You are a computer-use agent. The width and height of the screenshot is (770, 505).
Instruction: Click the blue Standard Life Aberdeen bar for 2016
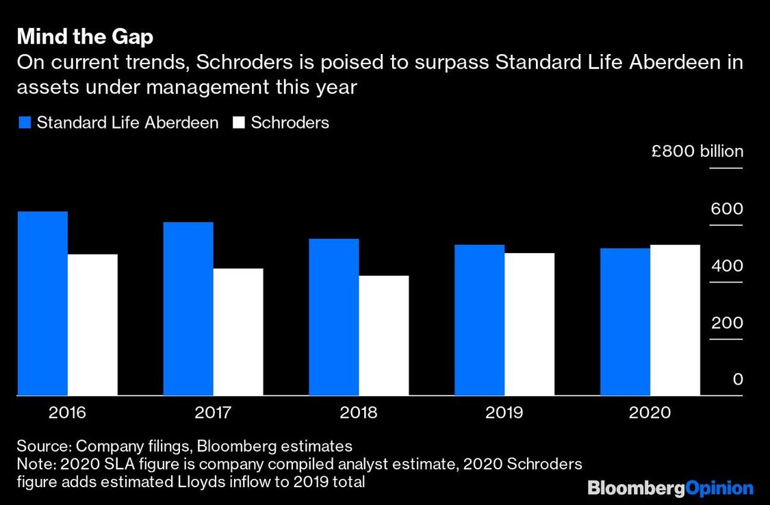pos(42,303)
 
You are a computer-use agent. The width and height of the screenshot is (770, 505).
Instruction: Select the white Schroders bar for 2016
pos(93,324)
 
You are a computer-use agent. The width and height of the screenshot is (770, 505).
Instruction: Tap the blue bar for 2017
pos(188,309)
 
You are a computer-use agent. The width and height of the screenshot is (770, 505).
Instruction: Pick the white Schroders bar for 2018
pos(383,335)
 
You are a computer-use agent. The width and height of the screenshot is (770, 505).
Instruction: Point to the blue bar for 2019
pos(480,320)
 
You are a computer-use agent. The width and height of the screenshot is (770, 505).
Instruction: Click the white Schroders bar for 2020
pos(676,320)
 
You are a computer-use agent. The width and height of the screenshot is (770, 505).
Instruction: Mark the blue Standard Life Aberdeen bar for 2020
pos(625,322)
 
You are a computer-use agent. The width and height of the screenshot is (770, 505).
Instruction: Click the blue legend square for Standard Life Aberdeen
pos(25,122)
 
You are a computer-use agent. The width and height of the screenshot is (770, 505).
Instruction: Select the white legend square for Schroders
pos(239,122)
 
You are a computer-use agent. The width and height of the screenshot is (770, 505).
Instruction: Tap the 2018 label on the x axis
pos(359,412)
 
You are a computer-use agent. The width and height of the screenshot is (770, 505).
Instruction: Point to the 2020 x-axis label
pos(650,412)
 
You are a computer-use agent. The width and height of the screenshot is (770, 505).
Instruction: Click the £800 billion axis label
pos(697,151)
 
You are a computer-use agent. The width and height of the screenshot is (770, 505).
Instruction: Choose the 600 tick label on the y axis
pos(727,209)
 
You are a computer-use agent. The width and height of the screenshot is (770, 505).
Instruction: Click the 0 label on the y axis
pos(738,379)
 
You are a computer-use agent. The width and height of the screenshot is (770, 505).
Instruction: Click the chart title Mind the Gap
pos(85,37)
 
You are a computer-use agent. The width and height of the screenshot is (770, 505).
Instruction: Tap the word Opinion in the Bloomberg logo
pos(719,489)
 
